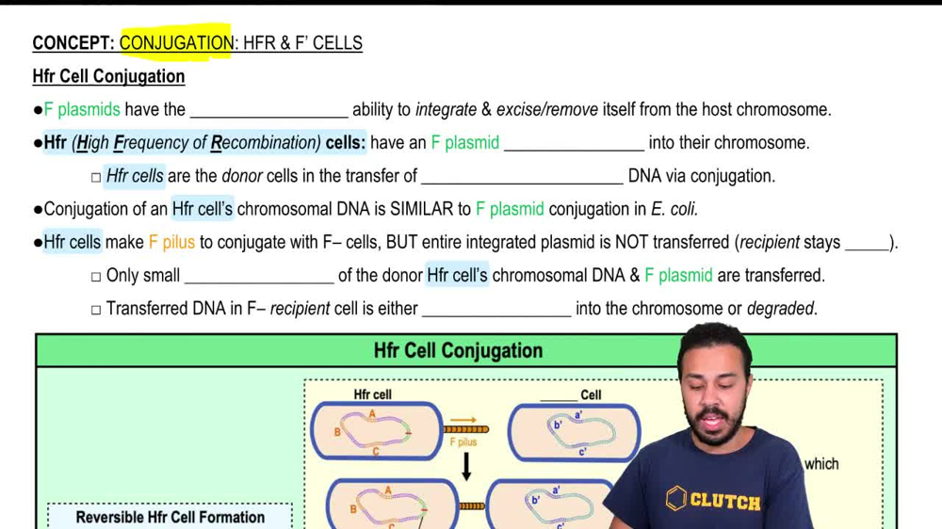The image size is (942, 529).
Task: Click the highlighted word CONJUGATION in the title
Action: point(176,43)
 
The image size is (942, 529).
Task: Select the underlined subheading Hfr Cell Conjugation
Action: point(108,76)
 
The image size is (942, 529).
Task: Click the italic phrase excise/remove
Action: point(547,109)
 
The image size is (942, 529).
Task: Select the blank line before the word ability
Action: point(268,111)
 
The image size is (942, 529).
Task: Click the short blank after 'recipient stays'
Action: point(867,244)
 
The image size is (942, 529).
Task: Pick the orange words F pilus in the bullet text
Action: point(171,242)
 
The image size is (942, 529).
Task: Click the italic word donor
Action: point(242,176)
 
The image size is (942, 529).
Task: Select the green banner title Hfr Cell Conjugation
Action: point(458,351)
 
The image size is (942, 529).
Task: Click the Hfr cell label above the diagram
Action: point(372,394)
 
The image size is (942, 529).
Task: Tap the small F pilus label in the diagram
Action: point(463,441)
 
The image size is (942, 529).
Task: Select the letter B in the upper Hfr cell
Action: point(337,433)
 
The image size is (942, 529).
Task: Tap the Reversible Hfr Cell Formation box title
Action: point(171,517)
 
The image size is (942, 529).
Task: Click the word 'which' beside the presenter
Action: point(821,463)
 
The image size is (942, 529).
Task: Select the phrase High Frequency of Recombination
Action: point(199,143)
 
